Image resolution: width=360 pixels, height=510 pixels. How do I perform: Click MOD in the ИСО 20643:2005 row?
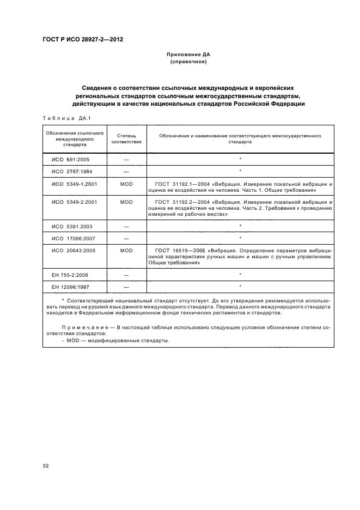(x=126, y=251)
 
